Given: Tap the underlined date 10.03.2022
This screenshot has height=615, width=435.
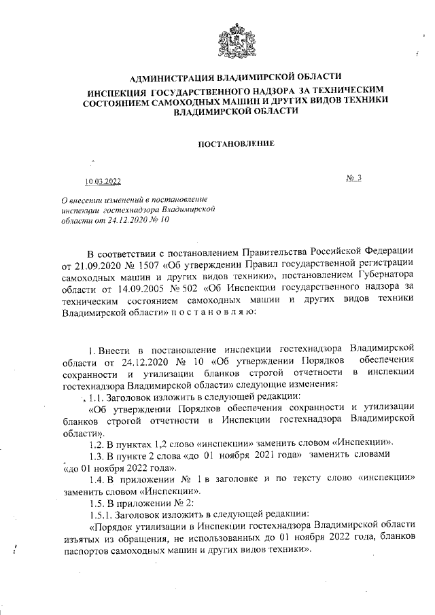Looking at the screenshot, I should pos(103,181).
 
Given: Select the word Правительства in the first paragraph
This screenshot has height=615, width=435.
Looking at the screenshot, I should pos(267,252).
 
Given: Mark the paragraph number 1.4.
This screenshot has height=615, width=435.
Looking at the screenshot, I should pos(99,478).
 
